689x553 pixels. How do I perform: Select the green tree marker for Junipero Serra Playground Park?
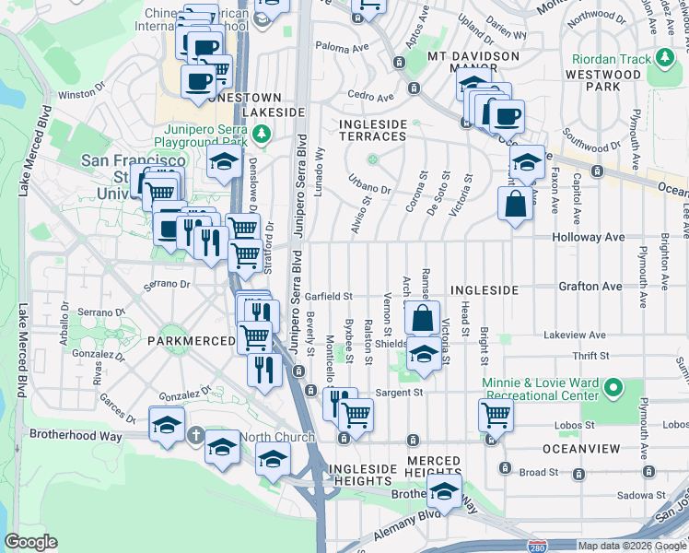pos(263,135)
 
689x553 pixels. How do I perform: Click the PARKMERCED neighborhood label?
pos(191,341)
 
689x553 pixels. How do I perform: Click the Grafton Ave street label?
pos(590,287)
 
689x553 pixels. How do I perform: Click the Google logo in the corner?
pos(30,542)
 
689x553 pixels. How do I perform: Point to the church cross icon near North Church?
pos(195,433)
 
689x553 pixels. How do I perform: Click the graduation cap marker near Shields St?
pos(422,354)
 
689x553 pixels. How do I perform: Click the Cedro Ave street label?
pos(370,95)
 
